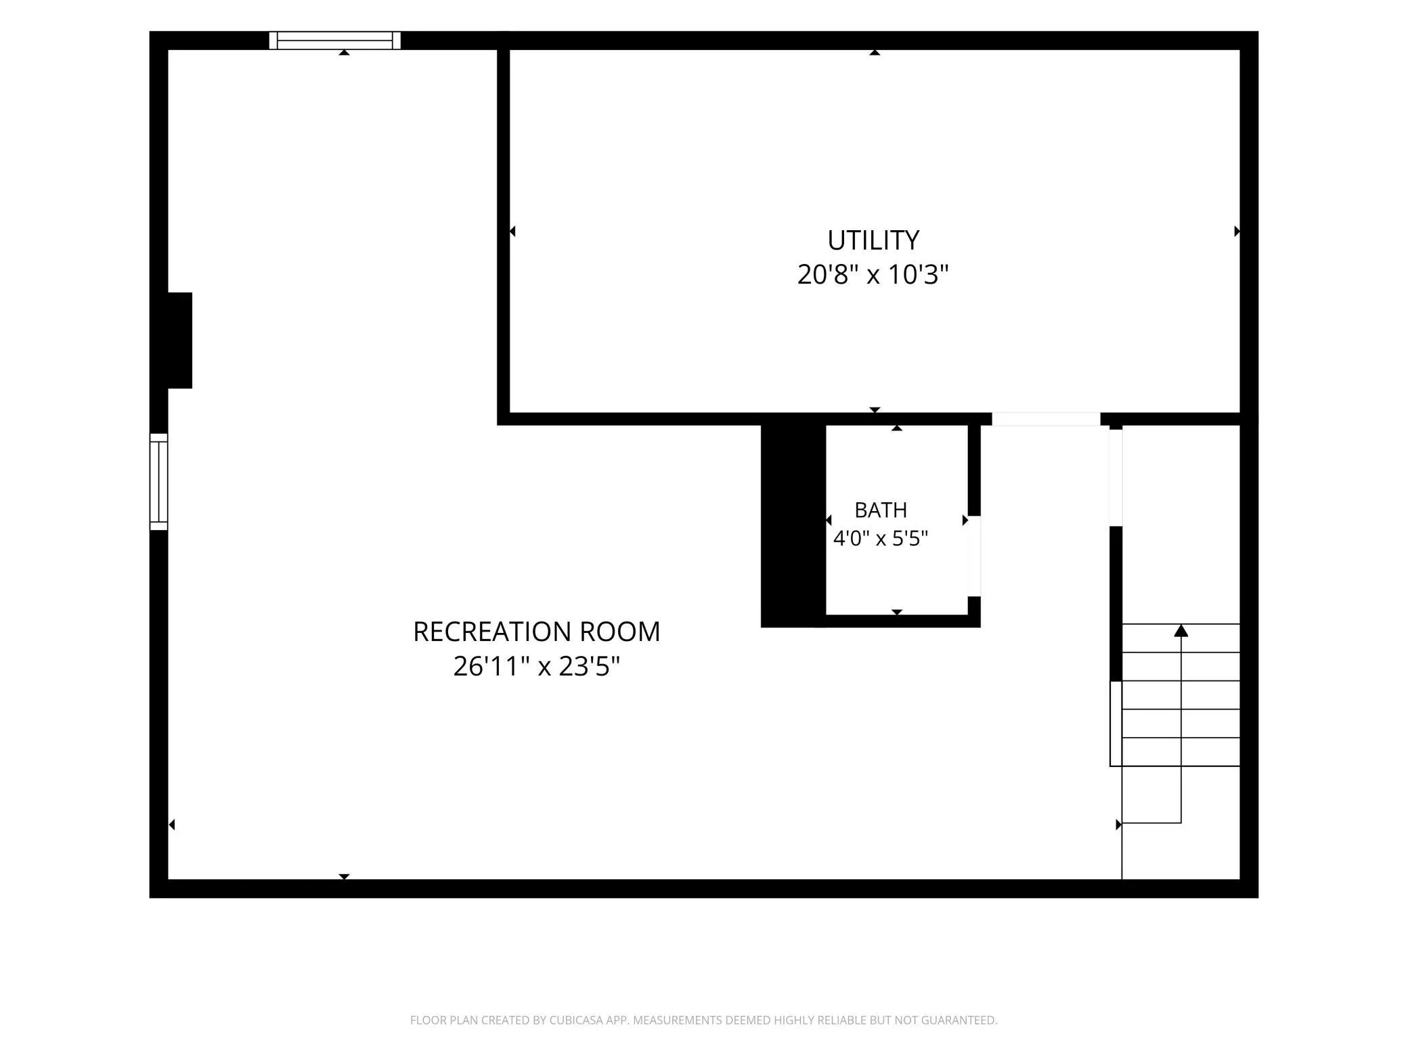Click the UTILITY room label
873,240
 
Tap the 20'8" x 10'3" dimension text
873,275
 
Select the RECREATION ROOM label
536,632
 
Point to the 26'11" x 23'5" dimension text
536,667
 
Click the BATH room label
881,510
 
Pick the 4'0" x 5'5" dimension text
880,539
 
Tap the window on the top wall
335,41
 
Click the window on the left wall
158,481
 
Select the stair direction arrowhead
1181,630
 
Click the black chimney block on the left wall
179,340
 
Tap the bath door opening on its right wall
974,556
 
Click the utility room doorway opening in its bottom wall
1046,419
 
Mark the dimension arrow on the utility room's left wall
512,232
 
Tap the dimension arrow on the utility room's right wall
1237,232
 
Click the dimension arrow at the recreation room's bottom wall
344,877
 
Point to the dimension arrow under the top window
344,52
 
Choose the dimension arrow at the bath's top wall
897,428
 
